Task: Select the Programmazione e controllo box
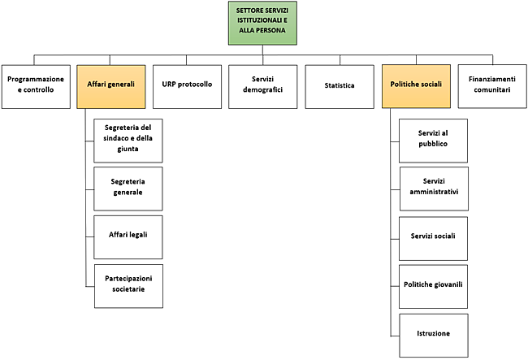(x=35, y=85)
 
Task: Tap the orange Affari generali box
(x=110, y=85)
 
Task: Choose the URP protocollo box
(x=186, y=85)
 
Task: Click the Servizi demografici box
(x=262, y=85)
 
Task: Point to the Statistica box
(x=339, y=85)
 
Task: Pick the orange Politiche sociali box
(x=414, y=85)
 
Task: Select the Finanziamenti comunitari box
(x=490, y=85)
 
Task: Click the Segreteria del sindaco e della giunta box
(x=129, y=139)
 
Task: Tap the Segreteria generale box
(x=129, y=187)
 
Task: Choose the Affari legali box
(x=129, y=235)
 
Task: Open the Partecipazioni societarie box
(x=129, y=284)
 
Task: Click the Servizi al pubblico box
(x=434, y=138)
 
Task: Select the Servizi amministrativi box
(x=434, y=186)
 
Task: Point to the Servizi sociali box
(x=434, y=236)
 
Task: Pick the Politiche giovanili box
(x=434, y=284)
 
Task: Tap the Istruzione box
(x=434, y=333)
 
